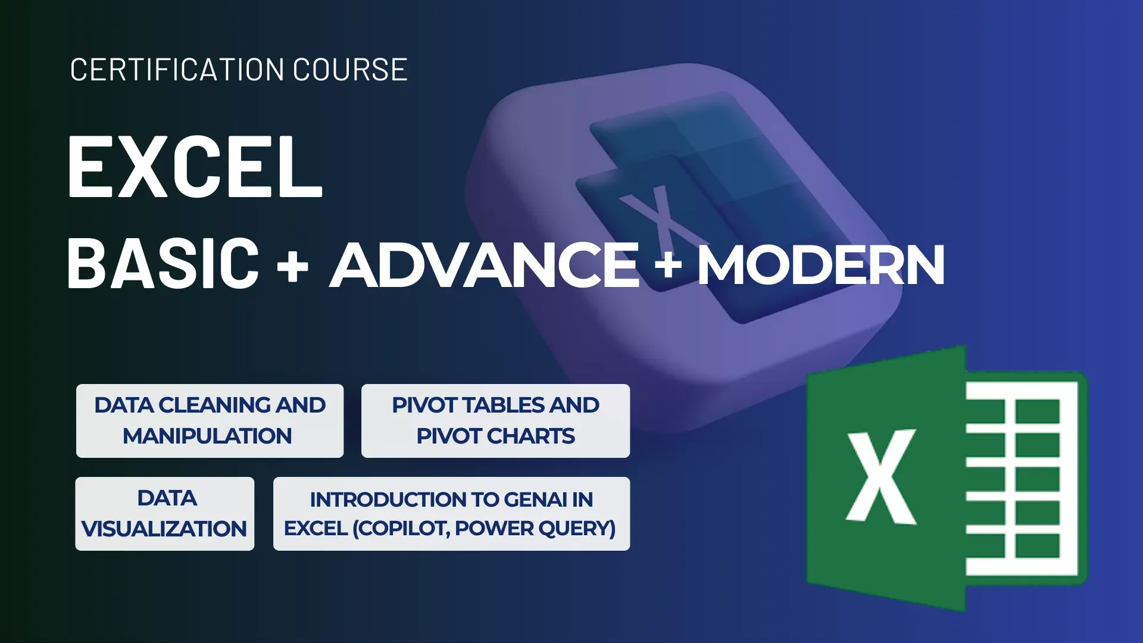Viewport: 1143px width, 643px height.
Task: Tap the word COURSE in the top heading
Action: point(349,70)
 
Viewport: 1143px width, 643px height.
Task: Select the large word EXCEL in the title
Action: point(195,167)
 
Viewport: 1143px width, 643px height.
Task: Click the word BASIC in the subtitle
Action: point(163,264)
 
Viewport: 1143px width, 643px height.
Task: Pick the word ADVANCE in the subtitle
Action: point(485,265)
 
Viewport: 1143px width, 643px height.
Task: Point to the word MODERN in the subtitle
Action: point(821,266)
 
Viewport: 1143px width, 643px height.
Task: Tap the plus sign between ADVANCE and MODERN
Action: point(668,264)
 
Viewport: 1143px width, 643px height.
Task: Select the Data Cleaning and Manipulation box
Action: point(210,420)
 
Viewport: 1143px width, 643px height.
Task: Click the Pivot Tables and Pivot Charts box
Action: point(495,420)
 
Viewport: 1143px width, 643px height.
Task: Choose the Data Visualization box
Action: point(165,513)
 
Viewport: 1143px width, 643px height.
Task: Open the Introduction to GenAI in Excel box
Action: point(451,513)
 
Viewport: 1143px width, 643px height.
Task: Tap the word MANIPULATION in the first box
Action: point(207,436)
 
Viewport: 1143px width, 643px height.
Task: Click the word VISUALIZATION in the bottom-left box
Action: point(164,529)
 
